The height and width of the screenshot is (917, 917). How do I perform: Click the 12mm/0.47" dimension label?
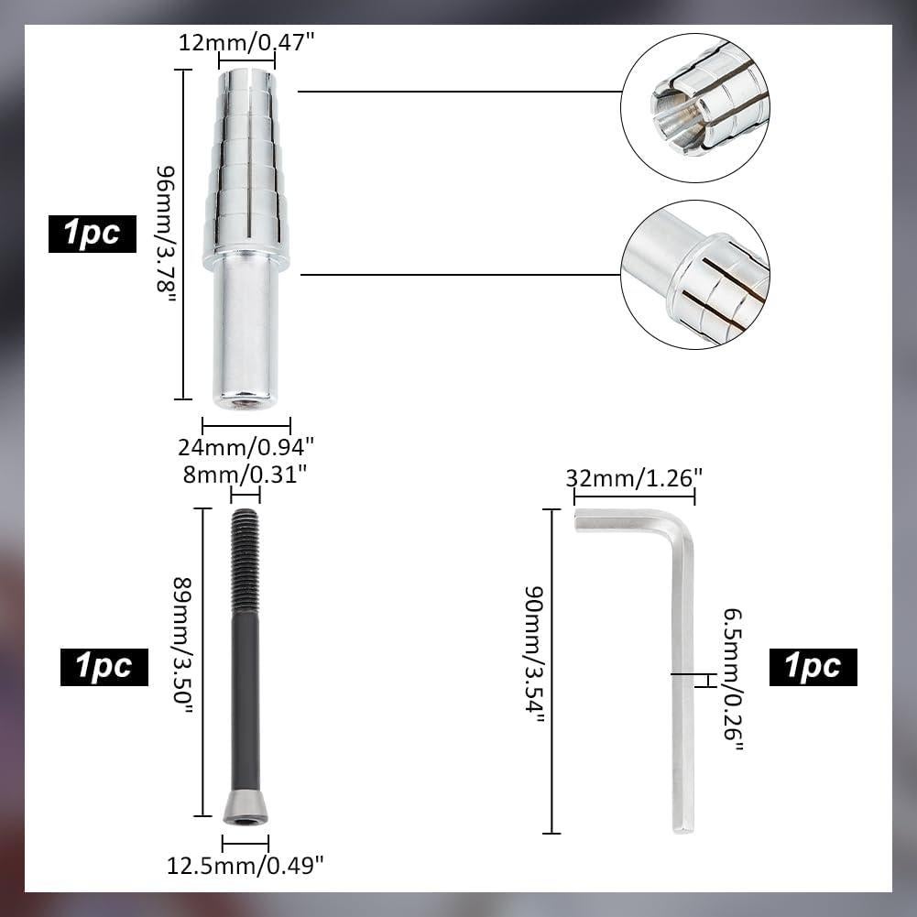coord(246,41)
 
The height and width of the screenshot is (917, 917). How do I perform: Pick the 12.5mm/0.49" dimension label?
coord(246,864)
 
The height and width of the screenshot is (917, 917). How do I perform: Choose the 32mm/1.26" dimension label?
coord(634,477)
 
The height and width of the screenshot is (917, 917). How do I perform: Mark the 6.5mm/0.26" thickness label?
coord(732,679)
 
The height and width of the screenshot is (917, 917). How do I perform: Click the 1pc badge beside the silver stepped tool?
coord(93,234)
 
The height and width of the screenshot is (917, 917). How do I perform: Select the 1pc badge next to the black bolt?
coord(104,666)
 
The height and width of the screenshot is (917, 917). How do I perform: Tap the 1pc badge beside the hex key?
coord(813,666)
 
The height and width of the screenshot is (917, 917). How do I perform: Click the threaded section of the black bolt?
coord(245,561)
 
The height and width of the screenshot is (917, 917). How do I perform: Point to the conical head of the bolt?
coord(246,808)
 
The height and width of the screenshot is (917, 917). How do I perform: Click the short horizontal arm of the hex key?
coord(623,519)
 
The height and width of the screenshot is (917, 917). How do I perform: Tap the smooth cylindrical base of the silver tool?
coord(246,330)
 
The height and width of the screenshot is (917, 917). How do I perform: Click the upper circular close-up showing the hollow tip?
coord(695,107)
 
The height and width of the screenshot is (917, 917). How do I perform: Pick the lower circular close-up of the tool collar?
coord(695,274)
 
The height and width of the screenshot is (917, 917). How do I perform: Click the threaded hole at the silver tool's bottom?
coord(245,401)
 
